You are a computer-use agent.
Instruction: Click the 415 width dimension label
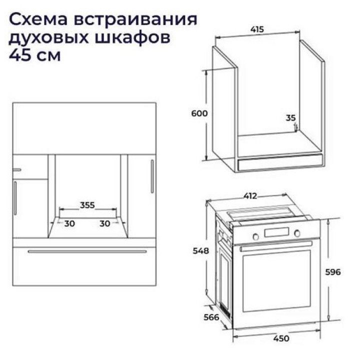257,29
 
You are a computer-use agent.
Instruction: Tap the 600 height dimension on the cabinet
199,113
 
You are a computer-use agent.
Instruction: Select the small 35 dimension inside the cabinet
290,118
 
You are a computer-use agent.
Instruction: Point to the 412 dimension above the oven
250,196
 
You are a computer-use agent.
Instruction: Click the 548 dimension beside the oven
200,250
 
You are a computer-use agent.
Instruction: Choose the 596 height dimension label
333,272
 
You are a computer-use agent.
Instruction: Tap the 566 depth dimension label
211,317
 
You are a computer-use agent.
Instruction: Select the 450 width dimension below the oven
281,338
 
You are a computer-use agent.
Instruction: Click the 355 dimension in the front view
87,205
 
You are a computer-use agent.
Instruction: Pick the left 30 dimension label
69,223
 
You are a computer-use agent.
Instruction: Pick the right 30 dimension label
105,223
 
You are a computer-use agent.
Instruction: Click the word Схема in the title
38,19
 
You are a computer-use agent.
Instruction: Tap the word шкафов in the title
132,37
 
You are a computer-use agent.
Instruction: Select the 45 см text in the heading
34,55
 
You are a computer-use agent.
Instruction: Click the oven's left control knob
255,236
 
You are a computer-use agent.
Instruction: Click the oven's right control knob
297,233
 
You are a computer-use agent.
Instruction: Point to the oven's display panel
276,232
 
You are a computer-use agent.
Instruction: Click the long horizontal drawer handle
87,251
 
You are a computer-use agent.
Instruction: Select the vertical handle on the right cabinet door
152,176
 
